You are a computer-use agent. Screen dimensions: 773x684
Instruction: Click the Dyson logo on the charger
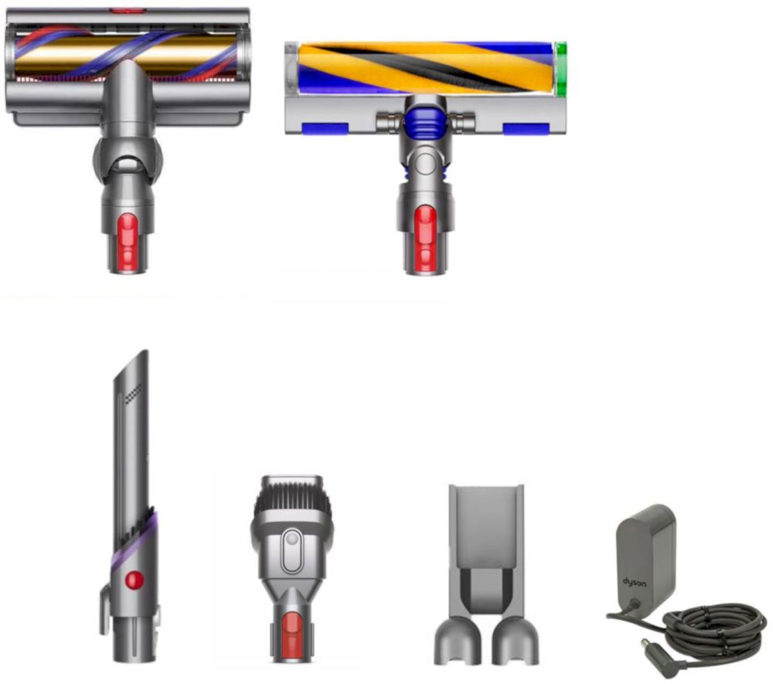pyautogui.click(x=635, y=583)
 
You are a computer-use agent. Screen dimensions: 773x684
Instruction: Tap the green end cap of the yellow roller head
pyautogui.click(x=560, y=68)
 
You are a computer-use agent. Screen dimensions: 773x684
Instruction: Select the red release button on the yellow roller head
pyautogui.click(x=425, y=238)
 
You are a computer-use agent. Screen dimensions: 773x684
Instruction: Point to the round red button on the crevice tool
pyautogui.click(x=134, y=580)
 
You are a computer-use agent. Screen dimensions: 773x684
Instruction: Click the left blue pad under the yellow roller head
pyautogui.click(x=325, y=129)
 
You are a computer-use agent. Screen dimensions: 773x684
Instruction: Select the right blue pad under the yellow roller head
pyautogui.click(x=526, y=129)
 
